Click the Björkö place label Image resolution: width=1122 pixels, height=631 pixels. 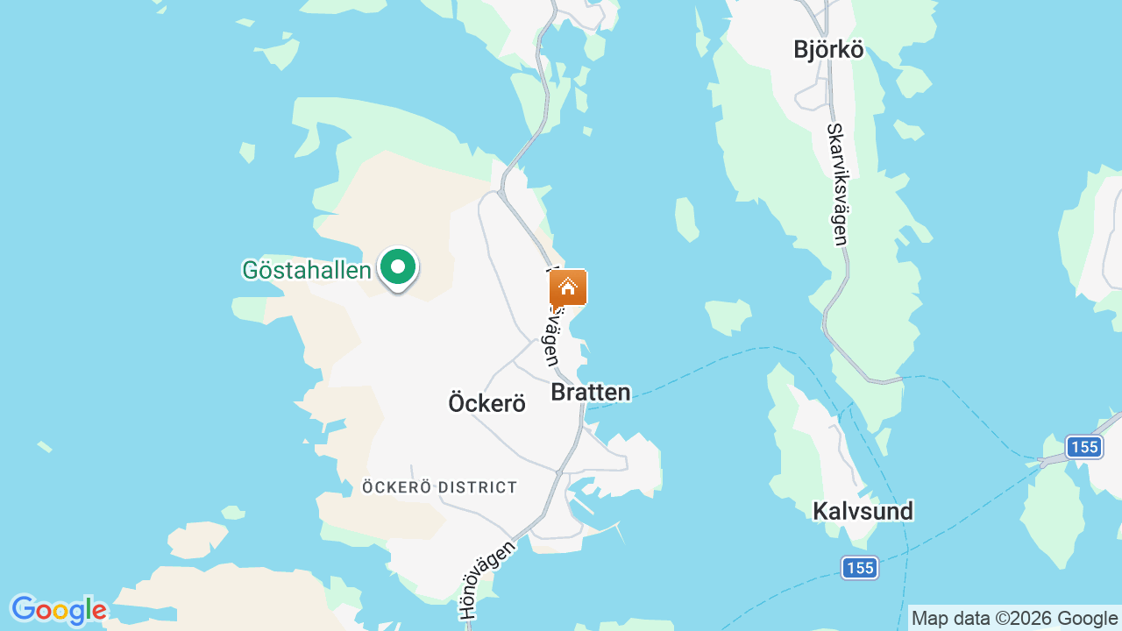coord(828,50)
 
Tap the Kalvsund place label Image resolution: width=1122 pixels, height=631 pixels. coord(863,511)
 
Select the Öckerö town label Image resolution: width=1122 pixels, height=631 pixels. coord(486,403)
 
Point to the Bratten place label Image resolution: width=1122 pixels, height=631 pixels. coord(591,393)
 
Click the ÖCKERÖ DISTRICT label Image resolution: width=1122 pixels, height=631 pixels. coord(440,487)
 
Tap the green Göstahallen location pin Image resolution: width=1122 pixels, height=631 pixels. coord(398,267)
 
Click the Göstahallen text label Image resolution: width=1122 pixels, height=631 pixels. coord(307,270)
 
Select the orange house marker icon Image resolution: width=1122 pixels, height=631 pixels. coord(568,287)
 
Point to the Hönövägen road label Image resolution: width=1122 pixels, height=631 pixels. coord(487,580)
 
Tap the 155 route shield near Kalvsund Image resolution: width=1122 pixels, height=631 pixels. coord(860,568)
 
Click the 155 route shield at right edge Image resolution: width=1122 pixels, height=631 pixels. coord(1084,447)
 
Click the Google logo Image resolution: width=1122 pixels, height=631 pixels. coord(59,610)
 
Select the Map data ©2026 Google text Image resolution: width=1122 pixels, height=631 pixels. coord(1014,619)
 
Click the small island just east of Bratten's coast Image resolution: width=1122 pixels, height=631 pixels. coord(728,316)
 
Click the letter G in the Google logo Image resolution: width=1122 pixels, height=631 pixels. coord(24,609)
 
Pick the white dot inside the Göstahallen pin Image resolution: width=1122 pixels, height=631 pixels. coord(398,266)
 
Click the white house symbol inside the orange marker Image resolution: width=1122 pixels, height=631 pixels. coord(568,287)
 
